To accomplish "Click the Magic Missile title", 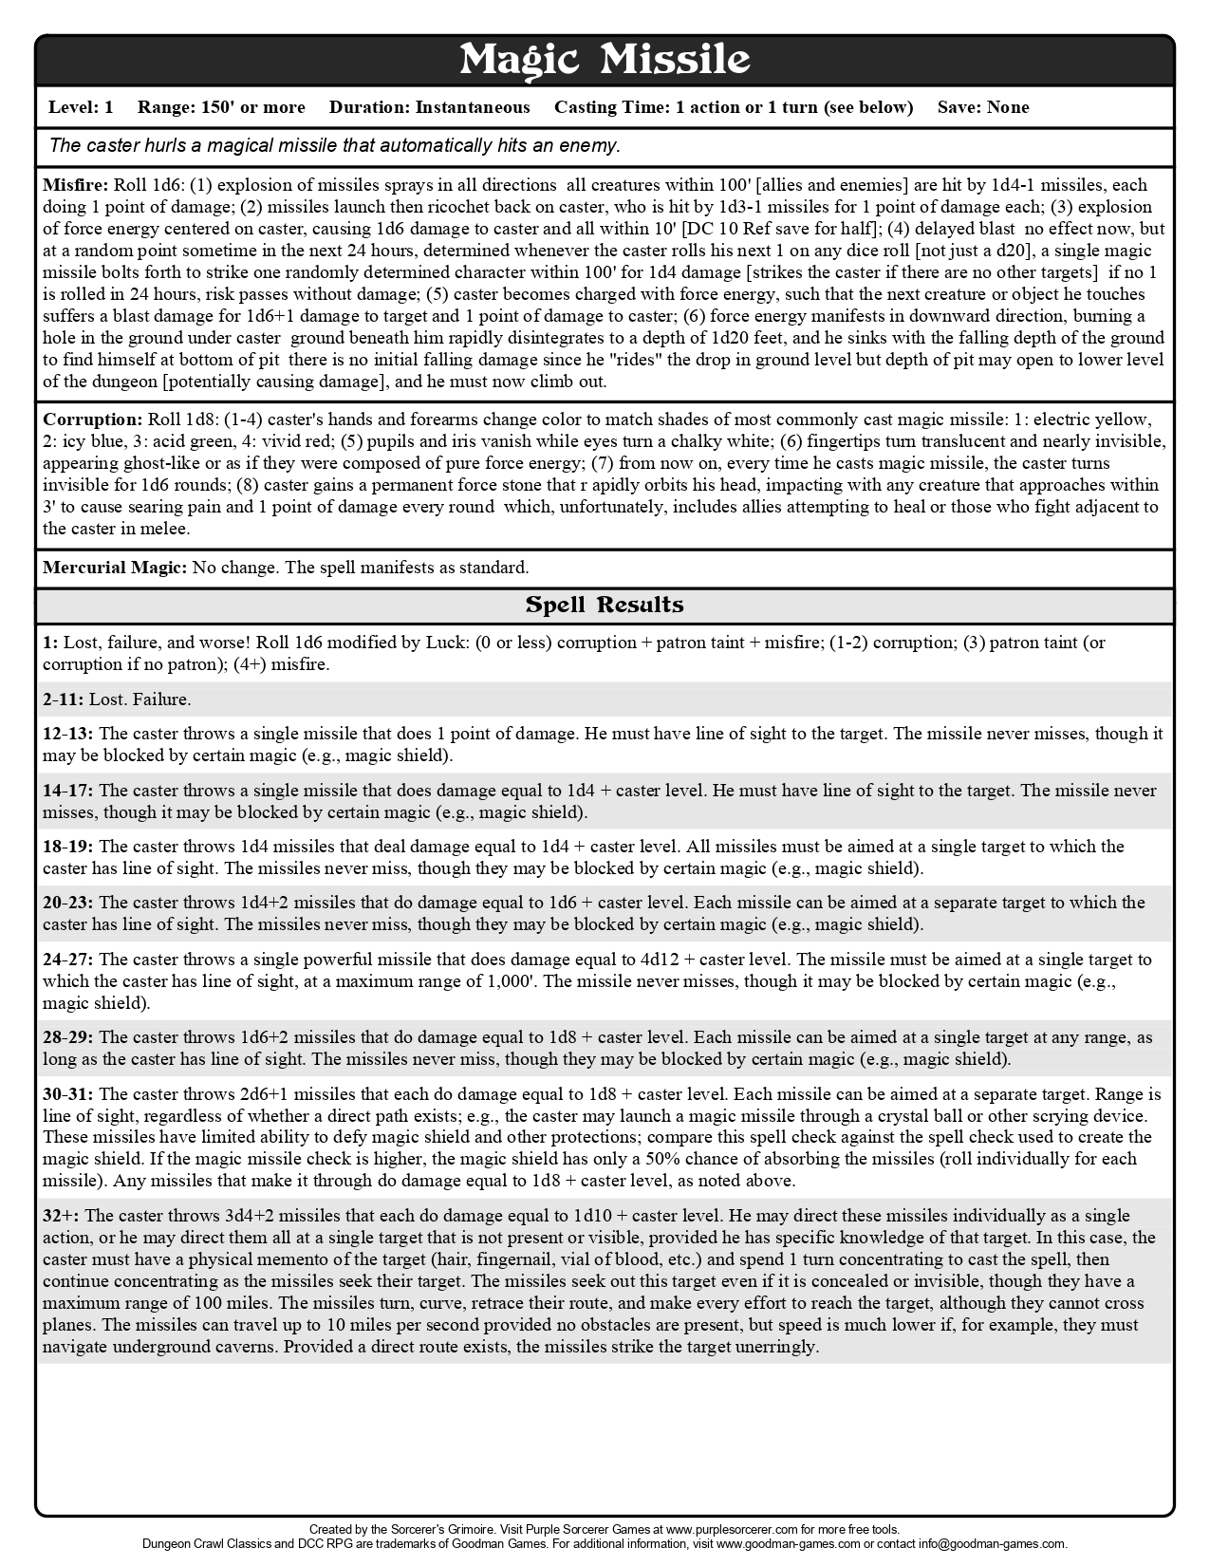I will tap(605, 61).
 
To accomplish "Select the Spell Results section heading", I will tap(605, 605).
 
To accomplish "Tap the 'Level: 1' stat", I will tap(81, 107).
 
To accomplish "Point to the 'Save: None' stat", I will tap(982, 107).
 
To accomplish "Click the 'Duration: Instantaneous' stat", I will tap(429, 107).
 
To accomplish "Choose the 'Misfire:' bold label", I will tap(77, 185).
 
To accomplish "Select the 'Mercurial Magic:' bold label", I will tap(115, 568).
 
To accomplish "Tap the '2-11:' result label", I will tap(64, 699).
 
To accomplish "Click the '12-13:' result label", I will tap(68, 734).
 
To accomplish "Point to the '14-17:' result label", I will tap(68, 791).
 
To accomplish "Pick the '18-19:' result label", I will tap(68, 847).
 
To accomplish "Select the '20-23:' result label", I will tap(68, 903).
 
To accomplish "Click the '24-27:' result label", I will tap(68, 960).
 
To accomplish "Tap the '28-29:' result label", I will tap(68, 1037).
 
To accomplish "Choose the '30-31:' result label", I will tap(68, 1094).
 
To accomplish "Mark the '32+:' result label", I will tap(62, 1216).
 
